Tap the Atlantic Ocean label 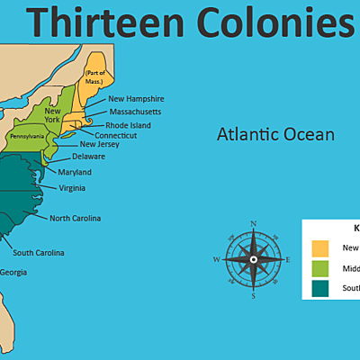[275, 135]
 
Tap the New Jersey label [100, 144]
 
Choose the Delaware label [88, 157]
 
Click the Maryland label [75, 172]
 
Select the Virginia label [72, 188]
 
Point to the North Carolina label [75, 218]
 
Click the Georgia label [13, 272]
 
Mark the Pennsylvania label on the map [27, 137]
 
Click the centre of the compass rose [254, 259]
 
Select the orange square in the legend [320, 247]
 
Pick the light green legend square [320, 268]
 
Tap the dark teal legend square [320, 288]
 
